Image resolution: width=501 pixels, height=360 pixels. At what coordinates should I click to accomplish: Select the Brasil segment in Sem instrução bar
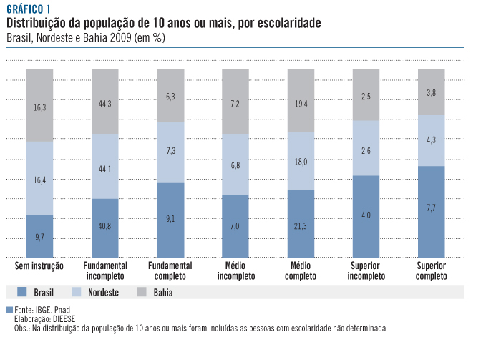(x=39, y=236)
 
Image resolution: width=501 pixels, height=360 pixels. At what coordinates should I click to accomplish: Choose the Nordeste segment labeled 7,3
(x=170, y=152)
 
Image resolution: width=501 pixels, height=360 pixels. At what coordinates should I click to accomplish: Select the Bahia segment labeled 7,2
(x=235, y=104)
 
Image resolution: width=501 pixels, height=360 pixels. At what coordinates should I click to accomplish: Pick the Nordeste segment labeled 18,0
(x=301, y=162)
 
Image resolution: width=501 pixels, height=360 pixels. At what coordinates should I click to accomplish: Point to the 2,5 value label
(x=366, y=97)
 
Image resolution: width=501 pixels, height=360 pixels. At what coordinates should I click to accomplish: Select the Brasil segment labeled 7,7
(x=432, y=208)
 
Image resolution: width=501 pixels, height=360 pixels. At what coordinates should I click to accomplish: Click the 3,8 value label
(x=432, y=93)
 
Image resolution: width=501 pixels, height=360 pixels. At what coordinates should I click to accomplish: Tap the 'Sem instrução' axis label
(x=39, y=266)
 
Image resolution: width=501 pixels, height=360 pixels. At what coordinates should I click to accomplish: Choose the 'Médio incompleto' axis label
(x=235, y=271)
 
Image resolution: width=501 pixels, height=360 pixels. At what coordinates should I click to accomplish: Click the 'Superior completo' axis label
(x=432, y=271)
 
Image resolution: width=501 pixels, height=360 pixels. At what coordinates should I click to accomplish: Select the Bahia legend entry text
(x=162, y=293)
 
